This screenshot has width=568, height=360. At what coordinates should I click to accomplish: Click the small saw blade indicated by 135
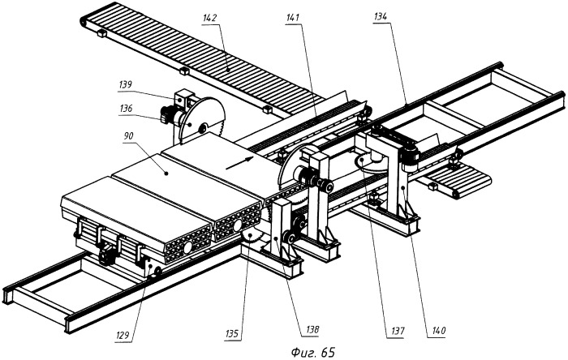click(x=251, y=236)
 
